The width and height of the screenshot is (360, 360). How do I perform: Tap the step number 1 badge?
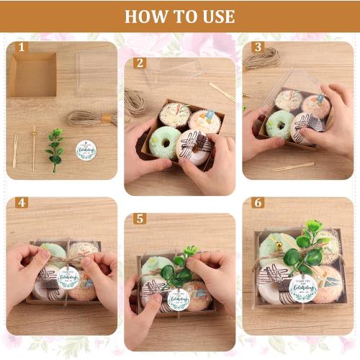[x=22, y=48]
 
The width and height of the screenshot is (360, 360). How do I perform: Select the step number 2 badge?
[x=140, y=63]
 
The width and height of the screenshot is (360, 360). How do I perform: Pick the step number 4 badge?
[x=22, y=203]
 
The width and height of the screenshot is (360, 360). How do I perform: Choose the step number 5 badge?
[x=140, y=219]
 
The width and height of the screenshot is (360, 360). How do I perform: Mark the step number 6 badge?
[x=257, y=203]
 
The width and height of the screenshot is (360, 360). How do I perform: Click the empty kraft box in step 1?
[x=33, y=74]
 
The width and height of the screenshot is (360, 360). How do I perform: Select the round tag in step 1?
[x=86, y=150]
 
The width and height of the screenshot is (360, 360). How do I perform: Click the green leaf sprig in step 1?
[x=55, y=148]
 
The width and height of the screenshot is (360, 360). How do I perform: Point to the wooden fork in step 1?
[x=15, y=150]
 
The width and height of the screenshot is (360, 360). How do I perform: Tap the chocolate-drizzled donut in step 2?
[x=194, y=147]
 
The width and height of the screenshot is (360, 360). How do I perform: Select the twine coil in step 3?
[x=261, y=59]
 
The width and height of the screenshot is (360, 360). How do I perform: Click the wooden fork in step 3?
[x=292, y=167]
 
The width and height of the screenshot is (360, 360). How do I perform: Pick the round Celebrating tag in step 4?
[x=68, y=279]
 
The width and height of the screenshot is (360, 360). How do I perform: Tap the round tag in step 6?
[x=302, y=289]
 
